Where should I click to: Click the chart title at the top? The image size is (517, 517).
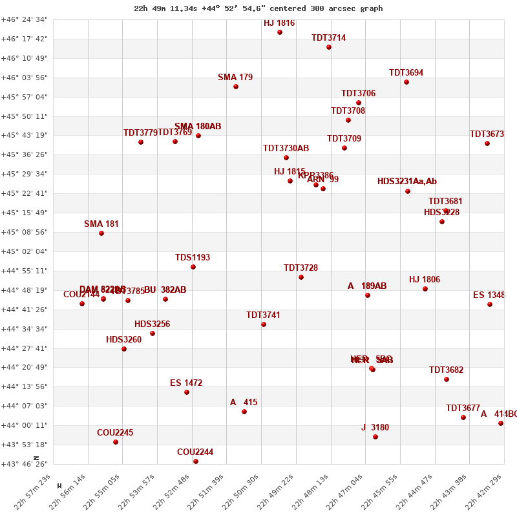click(x=258, y=8)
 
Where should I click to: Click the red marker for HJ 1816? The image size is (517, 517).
click(x=280, y=32)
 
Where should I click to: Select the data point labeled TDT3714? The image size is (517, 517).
click(x=329, y=47)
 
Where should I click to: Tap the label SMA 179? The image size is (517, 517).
click(x=235, y=78)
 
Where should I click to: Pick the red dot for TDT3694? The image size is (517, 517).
click(x=406, y=82)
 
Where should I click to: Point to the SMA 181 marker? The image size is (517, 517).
click(x=101, y=233)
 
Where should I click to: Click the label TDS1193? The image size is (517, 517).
click(x=193, y=258)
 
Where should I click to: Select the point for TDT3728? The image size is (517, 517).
click(x=301, y=277)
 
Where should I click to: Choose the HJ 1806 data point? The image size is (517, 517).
click(x=425, y=289)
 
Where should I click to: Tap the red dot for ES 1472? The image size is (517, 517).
click(x=187, y=392)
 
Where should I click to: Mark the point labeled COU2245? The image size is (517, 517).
click(x=116, y=442)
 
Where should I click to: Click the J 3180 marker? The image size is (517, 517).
click(x=375, y=437)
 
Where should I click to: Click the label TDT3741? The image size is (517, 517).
click(x=263, y=315)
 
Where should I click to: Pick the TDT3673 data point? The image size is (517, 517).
click(x=487, y=143)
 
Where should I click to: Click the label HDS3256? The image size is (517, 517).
click(x=153, y=324)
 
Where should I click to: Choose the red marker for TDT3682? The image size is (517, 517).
click(x=447, y=379)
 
